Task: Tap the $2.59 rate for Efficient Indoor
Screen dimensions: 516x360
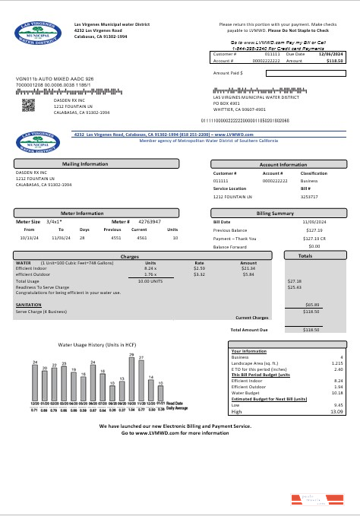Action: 199,268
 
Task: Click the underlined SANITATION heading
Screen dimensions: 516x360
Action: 28,304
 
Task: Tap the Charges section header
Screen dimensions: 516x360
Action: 129,257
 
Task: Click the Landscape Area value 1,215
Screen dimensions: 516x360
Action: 336,363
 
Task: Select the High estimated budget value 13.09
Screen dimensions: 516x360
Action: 336,411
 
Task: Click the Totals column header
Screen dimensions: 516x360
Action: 305,256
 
